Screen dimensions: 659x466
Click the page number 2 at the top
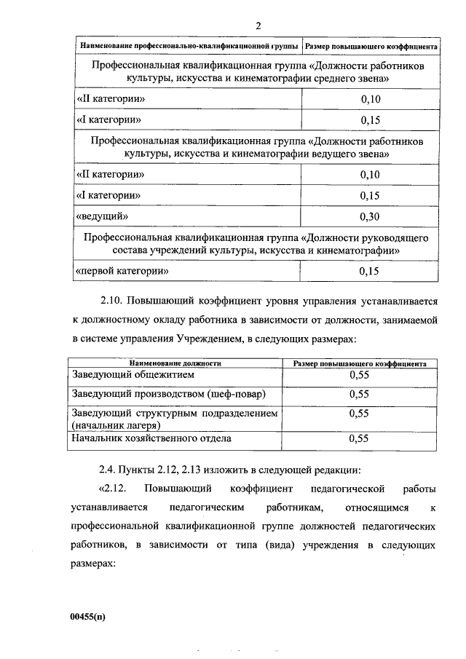click(x=258, y=27)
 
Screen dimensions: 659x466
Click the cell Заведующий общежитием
click(x=133, y=376)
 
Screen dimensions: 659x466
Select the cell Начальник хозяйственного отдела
click(x=151, y=438)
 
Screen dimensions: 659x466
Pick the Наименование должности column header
click(x=175, y=363)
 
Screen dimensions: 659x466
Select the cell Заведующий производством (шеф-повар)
click(x=168, y=394)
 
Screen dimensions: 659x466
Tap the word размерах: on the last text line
click(x=94, y=564)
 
